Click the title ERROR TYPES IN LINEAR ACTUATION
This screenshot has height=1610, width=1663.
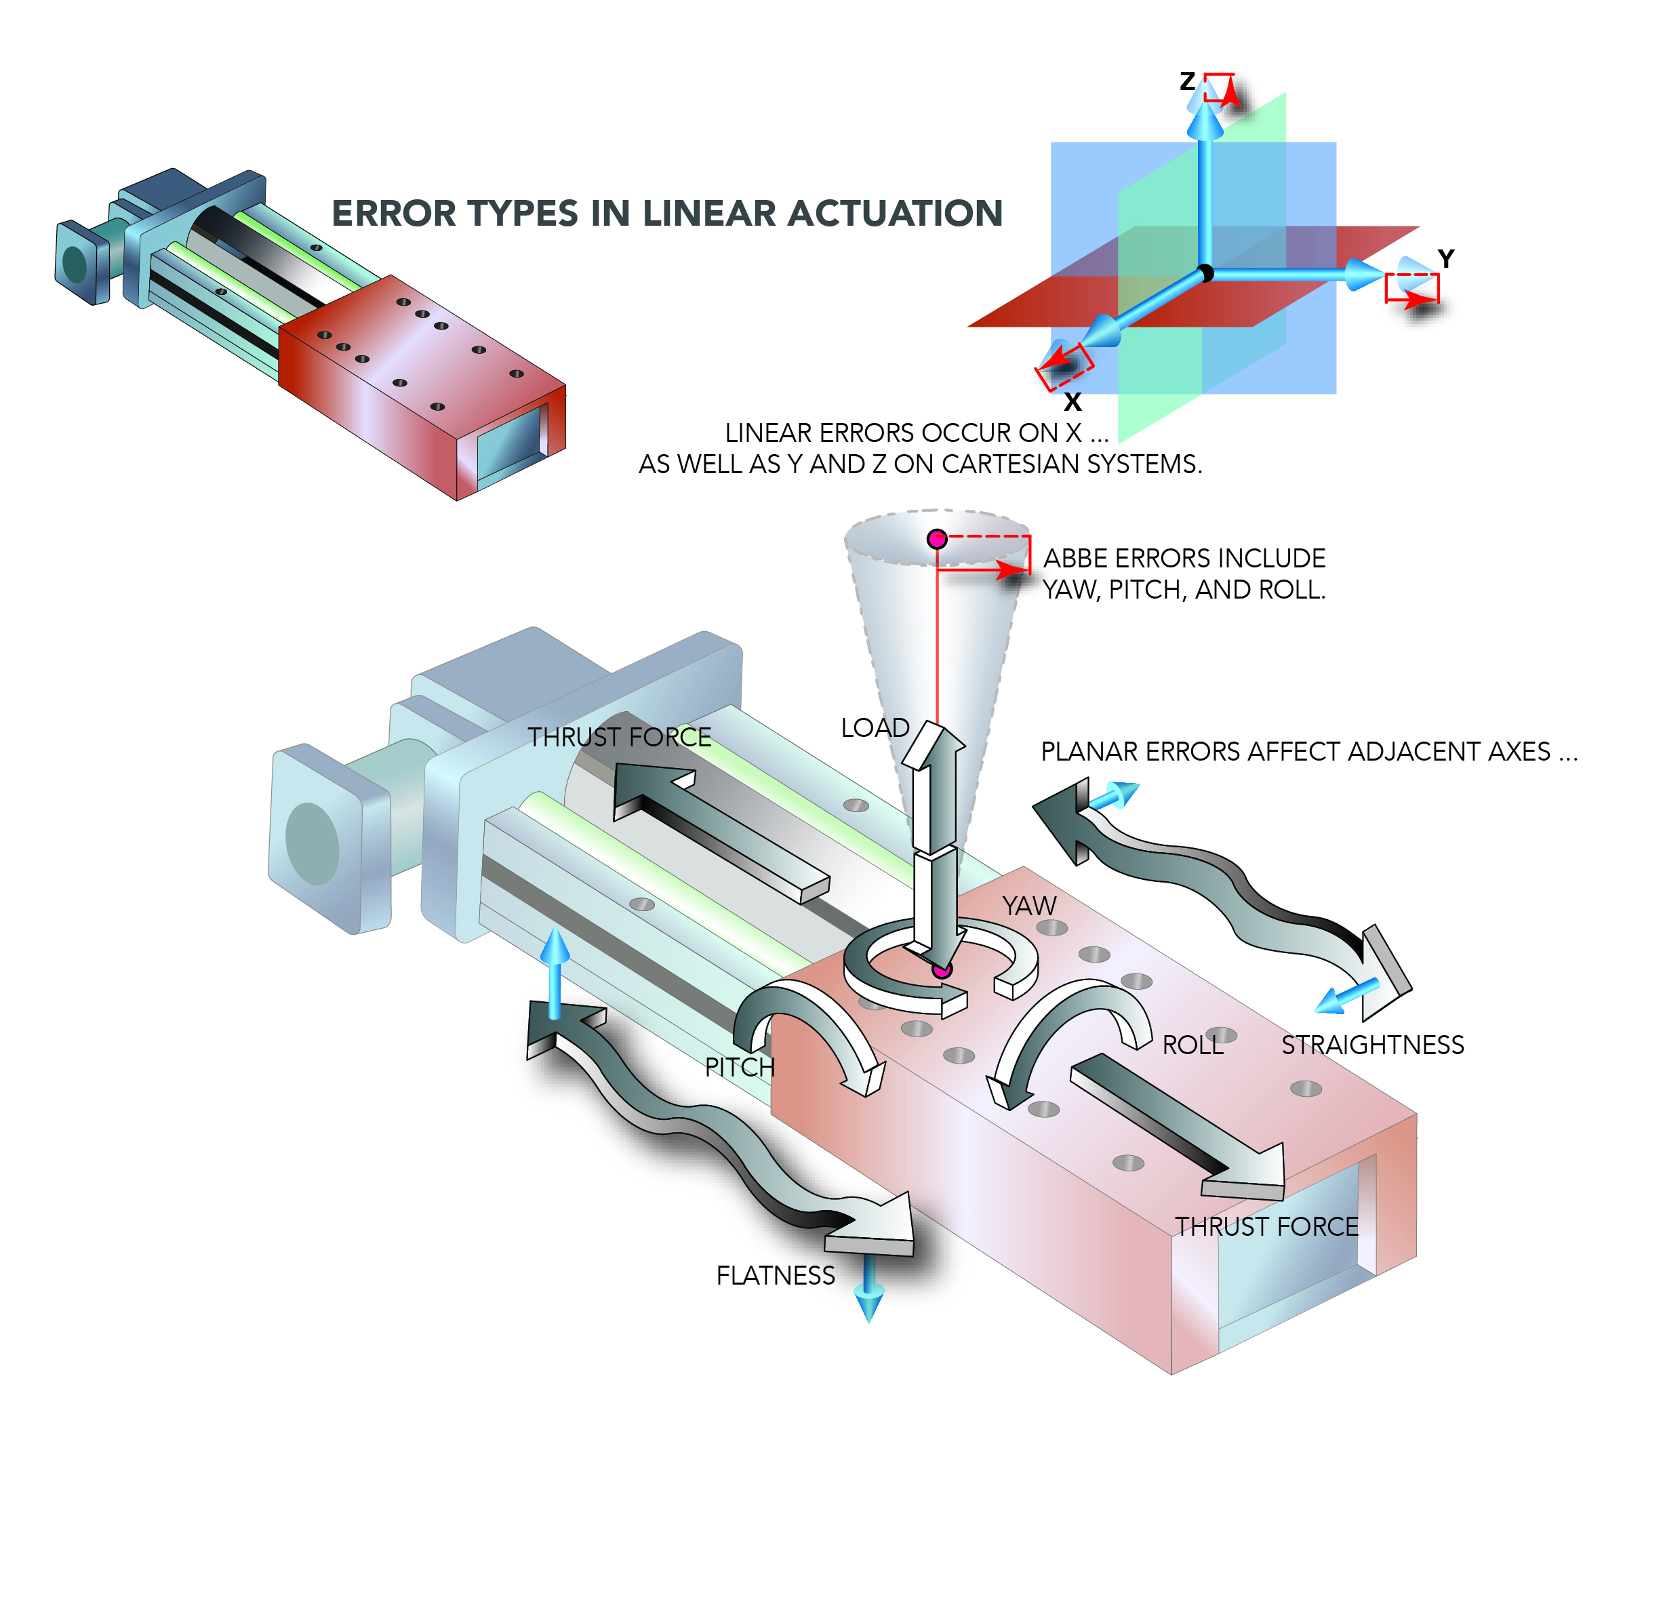click(667, 214)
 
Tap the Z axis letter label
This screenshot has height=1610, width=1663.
click(1187, 81)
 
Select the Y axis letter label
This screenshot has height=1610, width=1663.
click(1446, 259)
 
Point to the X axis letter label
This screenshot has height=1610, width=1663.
click(1073, 402)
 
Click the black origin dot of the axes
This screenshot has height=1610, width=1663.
click(1205, 273)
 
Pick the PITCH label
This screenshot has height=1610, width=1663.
click(740, 1067)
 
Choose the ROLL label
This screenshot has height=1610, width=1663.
click(1192, 1045)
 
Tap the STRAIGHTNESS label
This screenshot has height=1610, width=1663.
click(1372, 1045)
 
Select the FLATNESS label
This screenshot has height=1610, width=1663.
click(776, 1276)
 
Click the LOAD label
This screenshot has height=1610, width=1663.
click(875, 728)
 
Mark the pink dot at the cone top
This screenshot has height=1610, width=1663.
click(937, 539)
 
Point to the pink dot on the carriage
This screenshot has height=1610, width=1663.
click(942, 969)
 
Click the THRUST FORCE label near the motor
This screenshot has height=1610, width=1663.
click(620, 737)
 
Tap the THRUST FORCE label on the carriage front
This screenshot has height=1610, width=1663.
click(1266, 1226)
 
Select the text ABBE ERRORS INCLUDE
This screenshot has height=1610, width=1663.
click(1184, 558)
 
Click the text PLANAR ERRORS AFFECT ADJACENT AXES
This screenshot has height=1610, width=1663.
click(1308, 752)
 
